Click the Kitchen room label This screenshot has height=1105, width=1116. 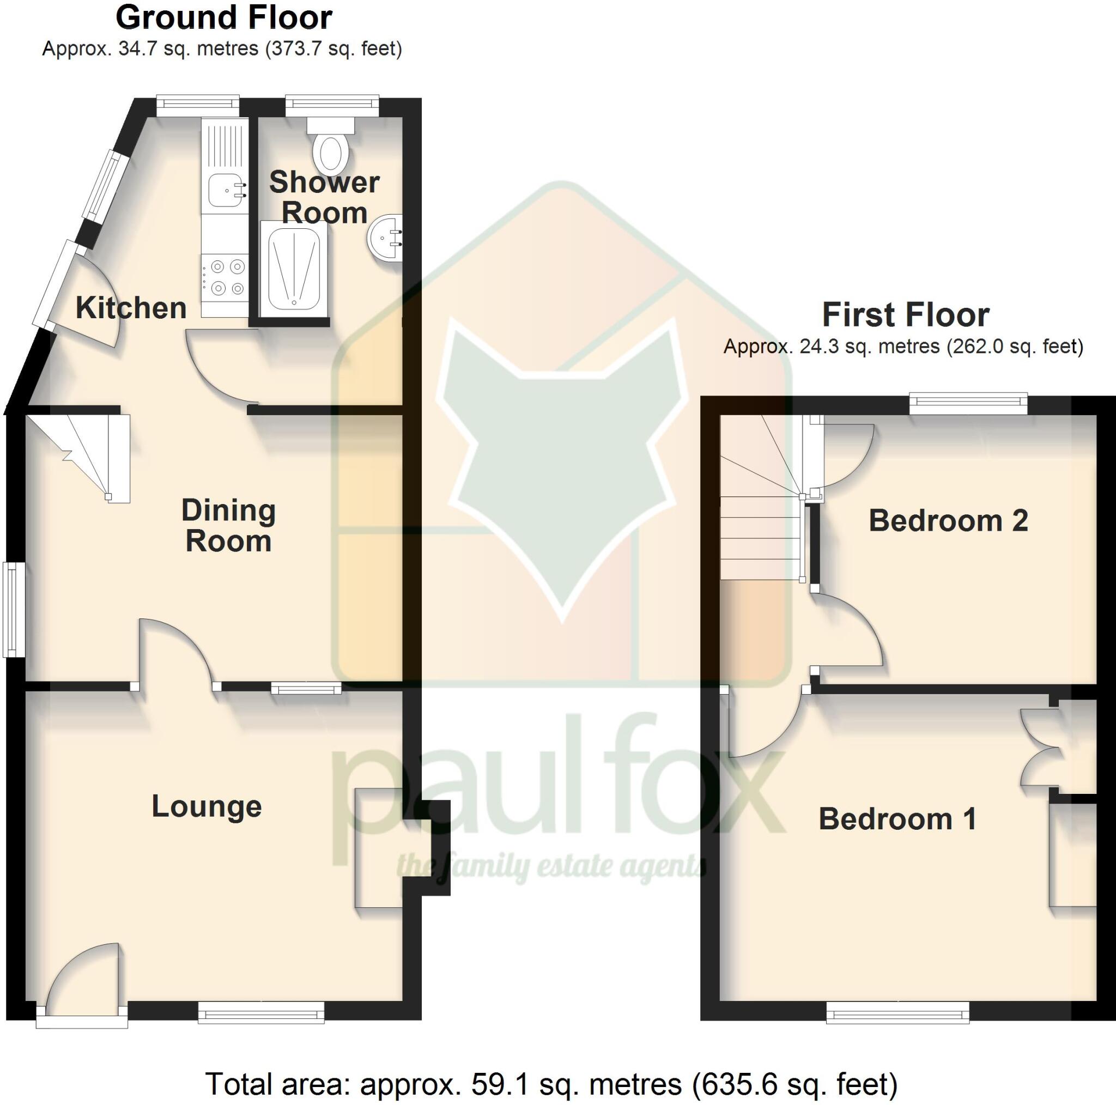click(x=131, y=308)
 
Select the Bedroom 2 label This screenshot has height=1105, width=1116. click(x=948, y=520)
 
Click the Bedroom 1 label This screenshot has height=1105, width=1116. click(x=897, y=818)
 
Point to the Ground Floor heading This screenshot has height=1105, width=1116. click(x=223, y=17)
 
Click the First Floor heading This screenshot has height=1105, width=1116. click(x=905, y=315)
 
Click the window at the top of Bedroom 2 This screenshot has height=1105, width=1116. click(x=968, y=403)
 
